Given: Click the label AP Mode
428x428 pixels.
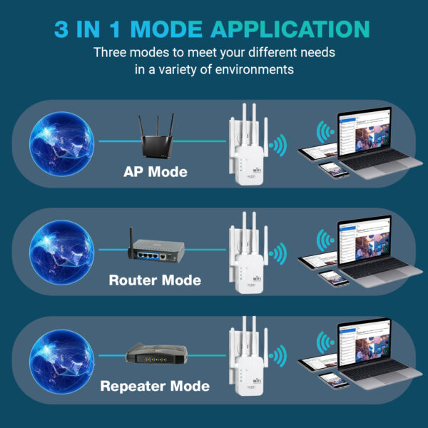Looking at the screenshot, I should (x=155, y=172).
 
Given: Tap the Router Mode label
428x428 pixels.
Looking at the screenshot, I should (x=155, y=280).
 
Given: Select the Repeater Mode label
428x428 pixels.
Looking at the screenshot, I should (x=155, y=387).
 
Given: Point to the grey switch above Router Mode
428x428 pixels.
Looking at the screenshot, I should (x=155, y=250).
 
